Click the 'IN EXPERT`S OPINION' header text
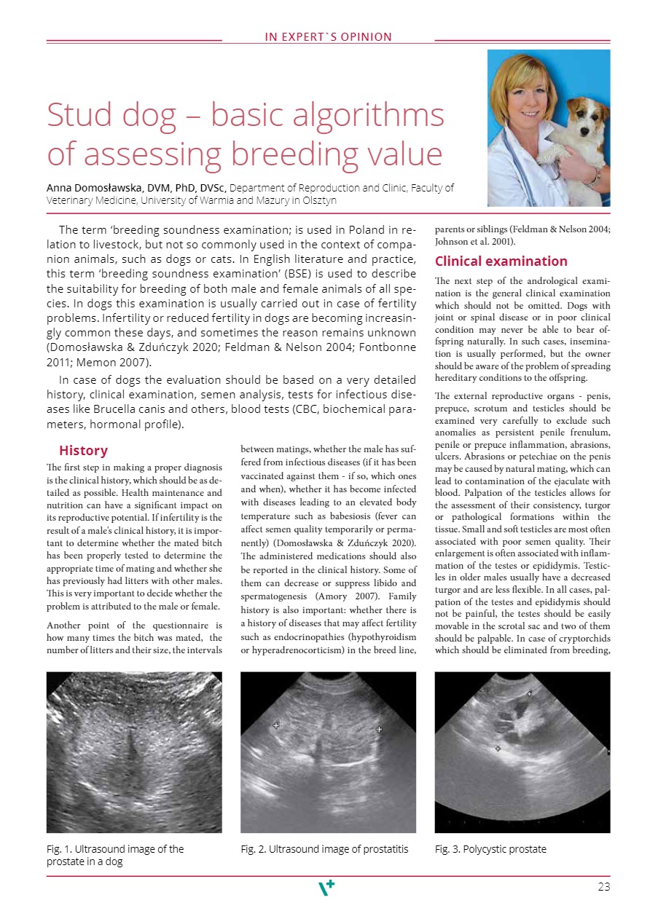point(328,37)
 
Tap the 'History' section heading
point(83,451)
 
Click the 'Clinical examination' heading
point(501,261)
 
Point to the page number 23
point(603,887)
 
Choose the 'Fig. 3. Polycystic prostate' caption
point(490,849)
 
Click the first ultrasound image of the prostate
point(134,752)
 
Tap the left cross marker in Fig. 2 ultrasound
point(275,725)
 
